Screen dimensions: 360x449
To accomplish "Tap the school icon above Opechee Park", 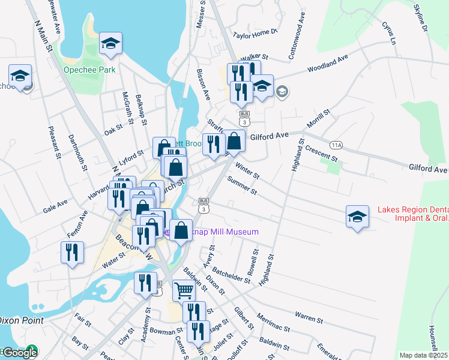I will [x=110, y=43].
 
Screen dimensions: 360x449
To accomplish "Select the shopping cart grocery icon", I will [x=184, y=291].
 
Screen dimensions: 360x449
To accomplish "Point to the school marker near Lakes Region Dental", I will [x=357, y=217].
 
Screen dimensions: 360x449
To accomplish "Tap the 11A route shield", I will [x=337, y=145].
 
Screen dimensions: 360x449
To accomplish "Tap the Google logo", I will [x=19, y=353].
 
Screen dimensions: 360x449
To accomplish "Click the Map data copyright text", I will [x=424, y=355].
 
